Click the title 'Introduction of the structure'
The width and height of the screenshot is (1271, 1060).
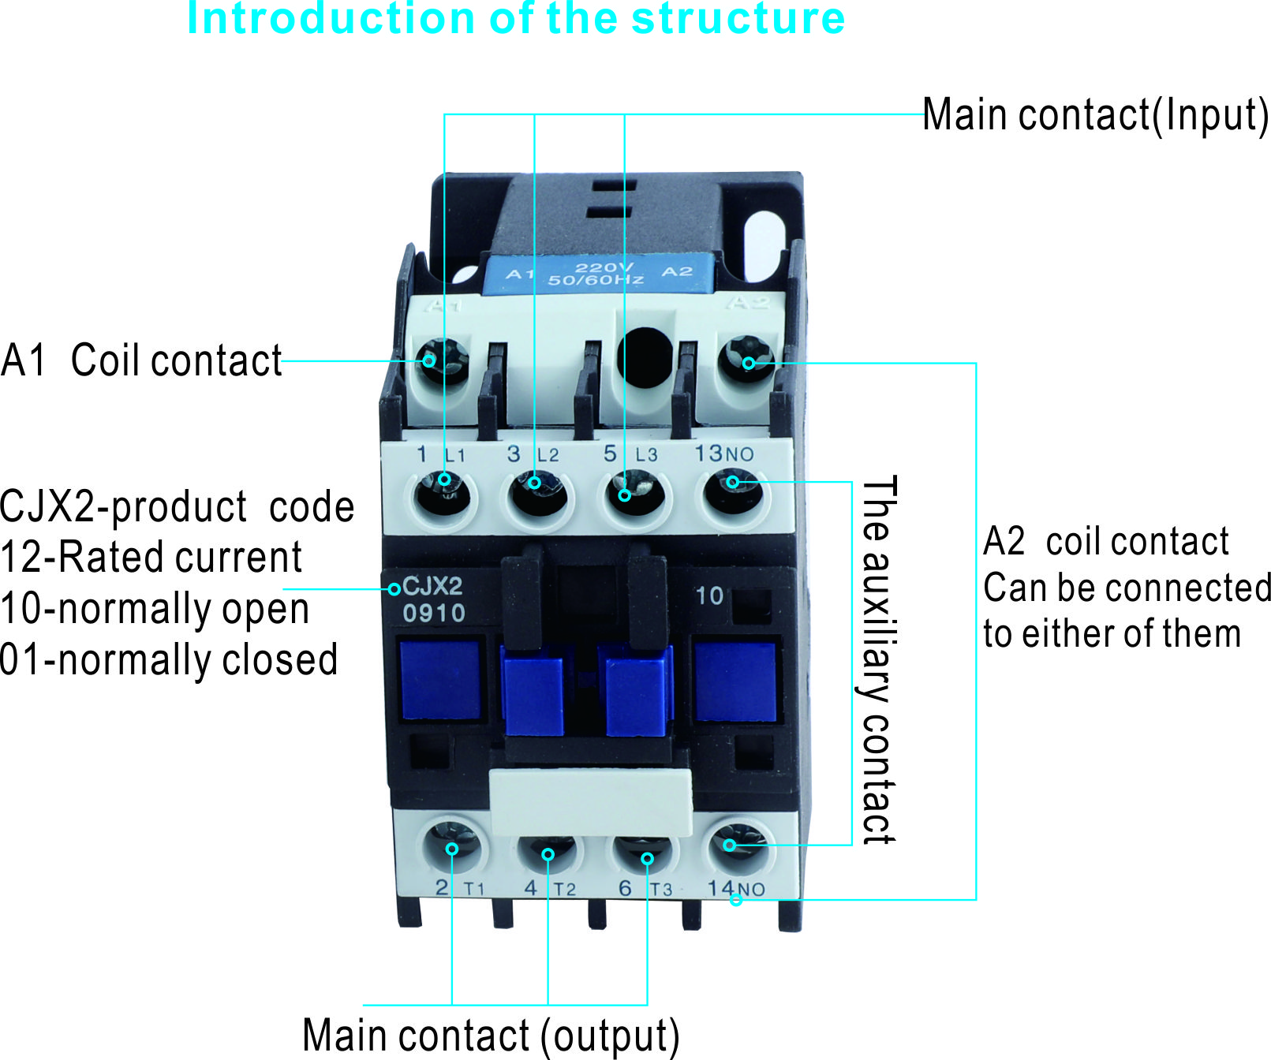pyautogui.click(x=516, y=19)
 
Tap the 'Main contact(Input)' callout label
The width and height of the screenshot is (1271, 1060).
pyautogui.click(x=1095, y=115)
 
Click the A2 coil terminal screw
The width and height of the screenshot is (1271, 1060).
pyautogui.click(x=746, y=361)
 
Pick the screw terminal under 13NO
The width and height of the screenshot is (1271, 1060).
pyautogui.click(x=733, y=493)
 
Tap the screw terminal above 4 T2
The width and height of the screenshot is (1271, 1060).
pyautogui.click(x=548, y=852)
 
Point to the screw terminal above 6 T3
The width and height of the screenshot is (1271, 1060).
pyautogui.click(x=643, y=853)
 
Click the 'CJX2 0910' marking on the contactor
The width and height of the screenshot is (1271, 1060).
pyautogui.click(x=433, y=599)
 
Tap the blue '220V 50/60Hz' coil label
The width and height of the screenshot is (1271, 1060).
pyautogui.click(x=597, y=274)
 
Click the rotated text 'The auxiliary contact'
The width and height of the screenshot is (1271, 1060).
pyautogui.click(x=877, y=660)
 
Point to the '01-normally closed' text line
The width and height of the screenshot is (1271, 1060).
pyautogui.click(x=169, y=660)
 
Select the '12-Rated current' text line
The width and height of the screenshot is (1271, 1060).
pyautogui.click(x=151, y=558)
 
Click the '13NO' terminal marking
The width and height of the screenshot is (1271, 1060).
pyautogui.click(x=723, y=453)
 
